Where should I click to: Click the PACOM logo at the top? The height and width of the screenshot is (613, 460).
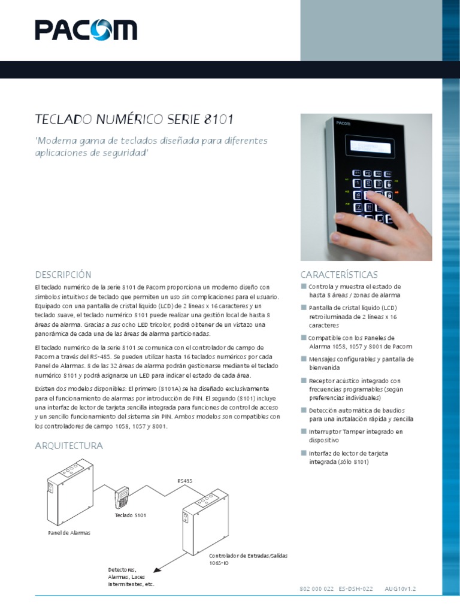(x=86, y=30)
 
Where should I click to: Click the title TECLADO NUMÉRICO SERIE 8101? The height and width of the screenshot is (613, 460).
(x=134, y=119)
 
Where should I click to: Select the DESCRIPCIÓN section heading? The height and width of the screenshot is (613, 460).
(x=63, y=274)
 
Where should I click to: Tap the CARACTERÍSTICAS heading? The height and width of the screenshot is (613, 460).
(x=339, y=274)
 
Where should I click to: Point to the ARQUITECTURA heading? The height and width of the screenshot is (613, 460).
(x=69, y=445)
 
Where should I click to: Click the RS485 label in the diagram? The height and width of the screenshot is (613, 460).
(x=185, y=480)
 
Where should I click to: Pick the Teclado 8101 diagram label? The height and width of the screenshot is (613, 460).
(x=131, y=515)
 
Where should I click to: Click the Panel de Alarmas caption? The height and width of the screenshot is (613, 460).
(x=69, y=532)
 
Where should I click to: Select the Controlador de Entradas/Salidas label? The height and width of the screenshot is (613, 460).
(x=248, y=556)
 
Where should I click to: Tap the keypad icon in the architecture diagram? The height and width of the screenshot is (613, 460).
(x=122, y=496)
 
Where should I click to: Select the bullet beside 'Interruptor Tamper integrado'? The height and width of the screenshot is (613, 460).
(x=304, y=431)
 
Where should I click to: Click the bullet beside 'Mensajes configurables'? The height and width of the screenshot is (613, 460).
(x=304, y=359)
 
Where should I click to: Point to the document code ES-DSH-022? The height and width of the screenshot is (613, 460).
(x=356, y=589)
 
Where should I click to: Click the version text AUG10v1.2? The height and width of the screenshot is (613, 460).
(x=400, y=589)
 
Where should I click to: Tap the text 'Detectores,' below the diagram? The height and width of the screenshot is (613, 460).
(x=122, y=569)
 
